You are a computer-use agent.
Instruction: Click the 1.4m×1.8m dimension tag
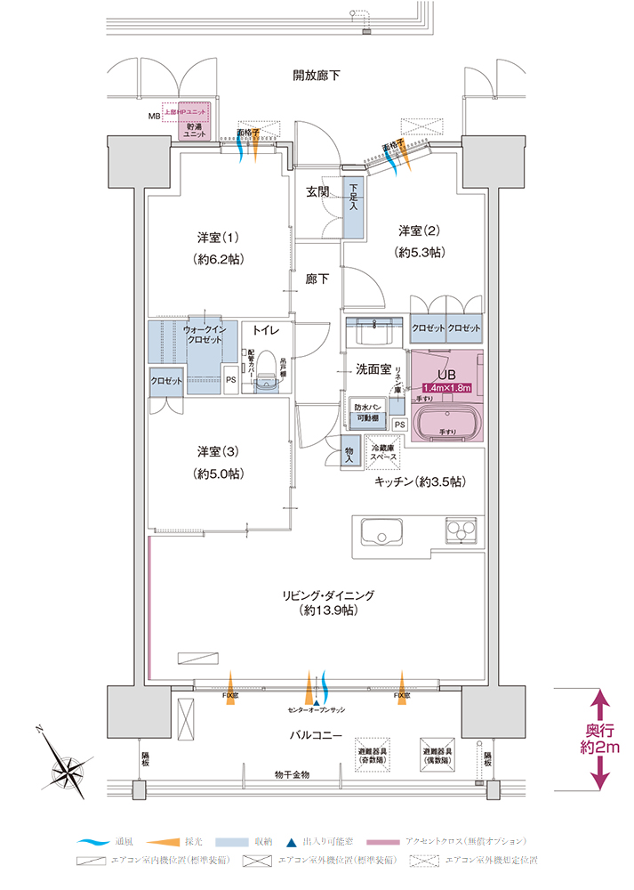[x=446, y=388]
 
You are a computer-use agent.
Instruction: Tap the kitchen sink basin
[x=382, y=535]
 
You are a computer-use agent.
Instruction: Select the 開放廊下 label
[x=316, y=76]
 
